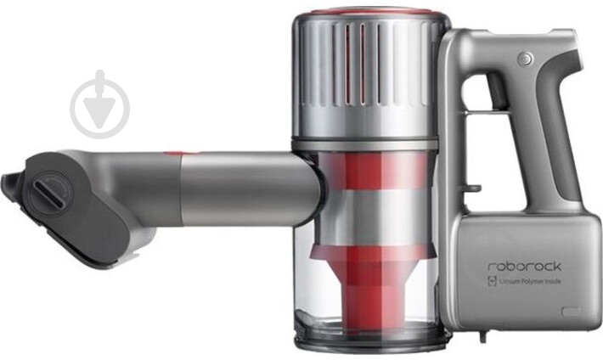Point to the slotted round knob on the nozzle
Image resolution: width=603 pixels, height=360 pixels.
(x=46, y=194)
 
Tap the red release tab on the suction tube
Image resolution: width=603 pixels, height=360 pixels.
(x=174, y=154)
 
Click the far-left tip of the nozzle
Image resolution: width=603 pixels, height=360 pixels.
(x=7, y=180)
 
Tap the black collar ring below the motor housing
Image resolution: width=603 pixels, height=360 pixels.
(x=367, y=142)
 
